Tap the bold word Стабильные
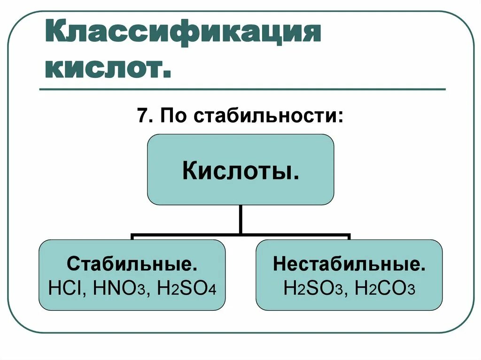(132, 264)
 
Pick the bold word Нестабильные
(349, 264)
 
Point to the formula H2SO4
(186, 287)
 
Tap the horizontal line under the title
(242, 89)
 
